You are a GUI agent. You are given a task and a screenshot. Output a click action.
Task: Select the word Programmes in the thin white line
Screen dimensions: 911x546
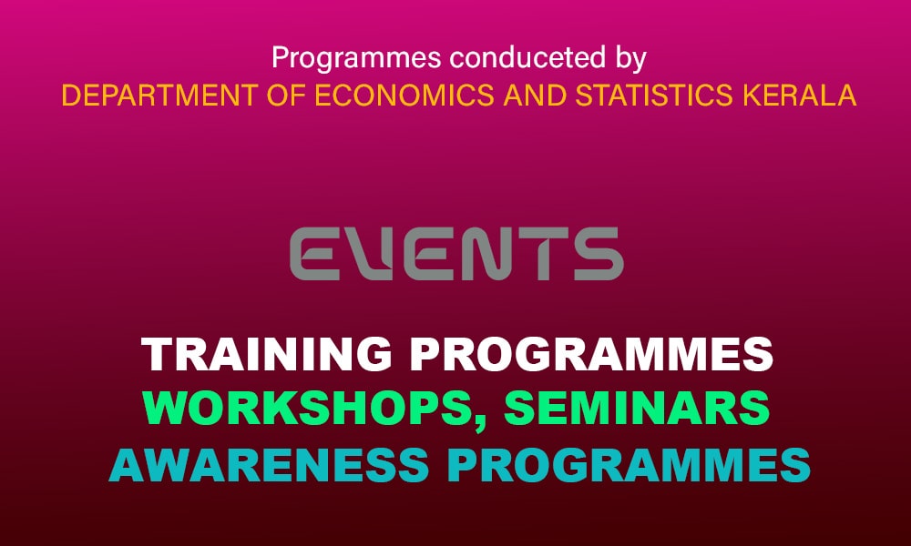(356, 59)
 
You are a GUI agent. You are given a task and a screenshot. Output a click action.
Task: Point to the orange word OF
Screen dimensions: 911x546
(286, 96)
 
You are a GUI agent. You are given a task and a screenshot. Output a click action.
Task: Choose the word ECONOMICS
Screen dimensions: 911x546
(404, 96)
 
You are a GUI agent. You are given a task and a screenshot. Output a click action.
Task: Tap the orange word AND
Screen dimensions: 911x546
(535, 96)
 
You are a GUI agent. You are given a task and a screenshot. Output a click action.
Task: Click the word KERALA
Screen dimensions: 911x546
(800, 96)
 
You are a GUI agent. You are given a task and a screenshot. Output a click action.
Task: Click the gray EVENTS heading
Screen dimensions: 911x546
(456, 254)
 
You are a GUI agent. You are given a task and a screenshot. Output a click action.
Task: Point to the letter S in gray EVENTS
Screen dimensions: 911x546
(599, 254)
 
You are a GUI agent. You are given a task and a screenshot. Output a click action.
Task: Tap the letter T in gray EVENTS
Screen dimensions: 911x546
(539, 254)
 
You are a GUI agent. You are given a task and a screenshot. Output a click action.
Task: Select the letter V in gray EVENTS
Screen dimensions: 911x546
(372, 254)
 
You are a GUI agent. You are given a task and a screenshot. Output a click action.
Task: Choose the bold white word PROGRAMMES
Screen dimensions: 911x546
(591, 354)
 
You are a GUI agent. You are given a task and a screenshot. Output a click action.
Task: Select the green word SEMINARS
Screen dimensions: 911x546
(637, 408)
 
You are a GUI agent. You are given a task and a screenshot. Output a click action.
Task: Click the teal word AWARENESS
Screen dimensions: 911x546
(269, 465)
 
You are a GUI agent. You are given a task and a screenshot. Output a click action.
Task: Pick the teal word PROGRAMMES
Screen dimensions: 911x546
(630, 465)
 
